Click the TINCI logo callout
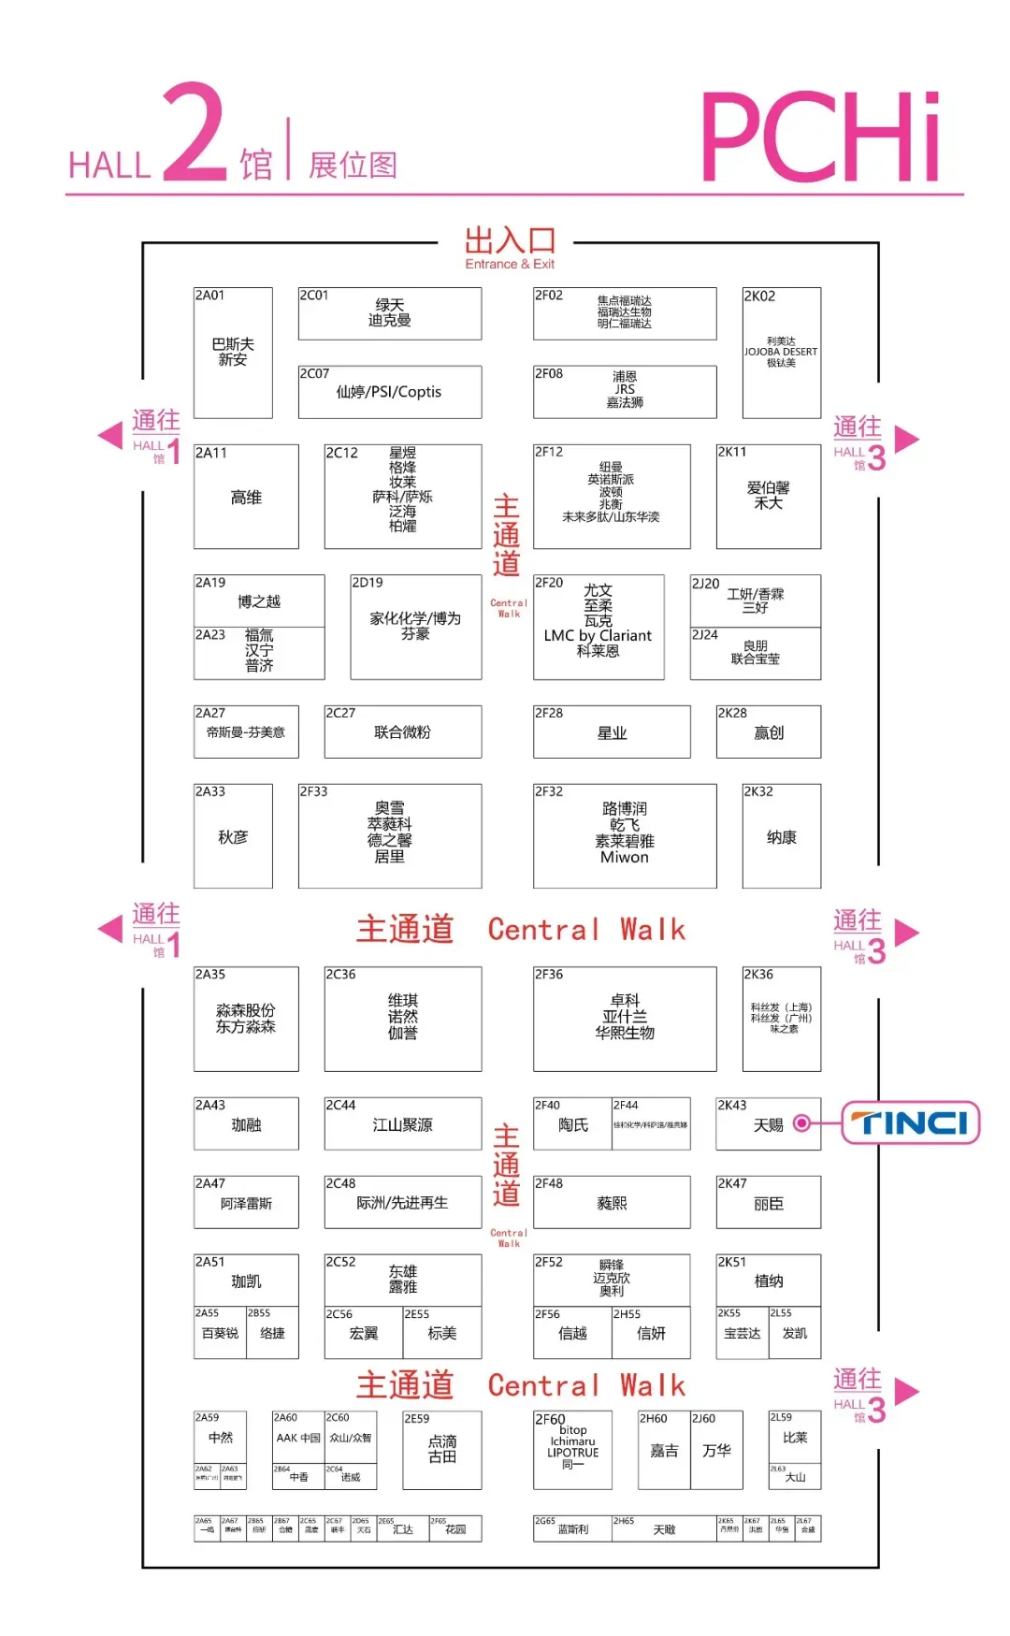coord(910,1122)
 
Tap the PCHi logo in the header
coord(820,138)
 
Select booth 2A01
coord(233,353)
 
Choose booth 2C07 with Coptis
coord(389,392)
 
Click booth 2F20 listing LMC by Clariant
coord(599,627)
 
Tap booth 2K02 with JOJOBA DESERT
coord(781,353)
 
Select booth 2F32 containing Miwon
coord(625,835)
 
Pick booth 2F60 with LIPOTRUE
coord(572,1450)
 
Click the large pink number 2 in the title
coord(195,133)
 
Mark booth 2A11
coord(246,497)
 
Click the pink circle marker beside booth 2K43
coord(801,1123)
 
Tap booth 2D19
coord(415,627)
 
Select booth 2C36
coord(402,1019)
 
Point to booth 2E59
coord(441,1450)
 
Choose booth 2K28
coord(768,731)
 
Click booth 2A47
coord(246,1202)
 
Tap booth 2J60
coord(716,1450)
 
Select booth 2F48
coord(612,1202)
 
